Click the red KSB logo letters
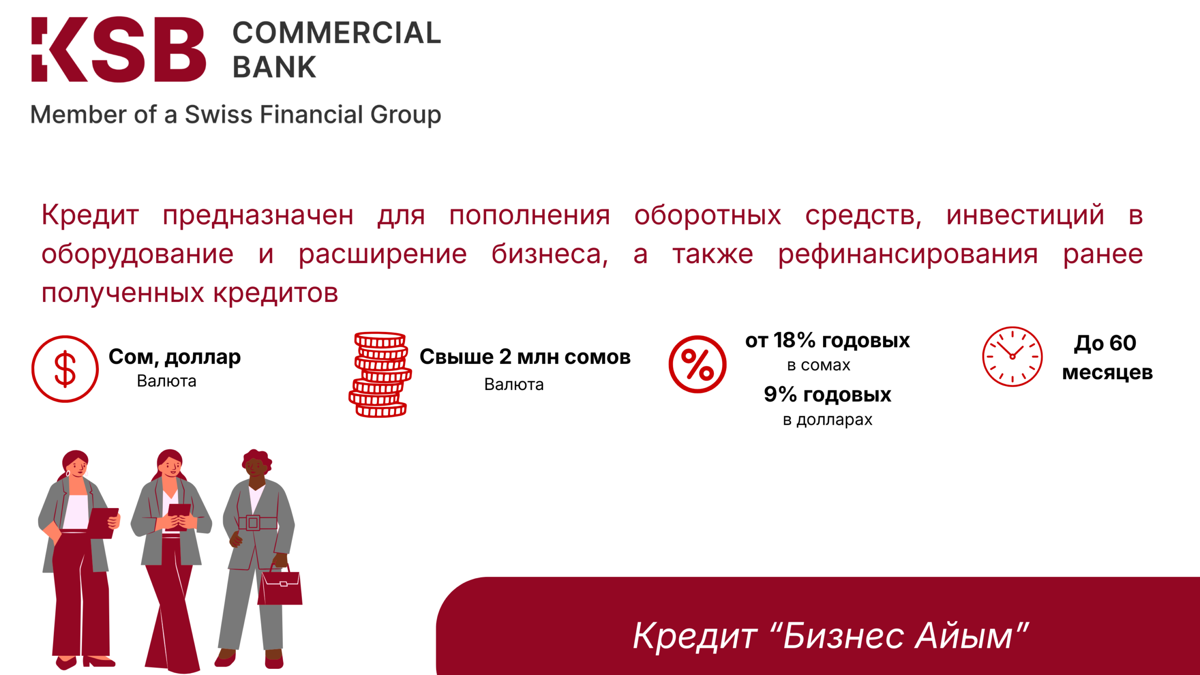click(119, 50)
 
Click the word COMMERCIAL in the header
click(337, 33)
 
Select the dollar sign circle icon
click(65, 369)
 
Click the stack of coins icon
click(380, 375)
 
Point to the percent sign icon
click(697, 364)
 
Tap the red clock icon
click(1012, 357)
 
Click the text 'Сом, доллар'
click(175, 357)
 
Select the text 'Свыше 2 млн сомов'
click(525, 357)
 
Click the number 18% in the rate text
click(795, 340)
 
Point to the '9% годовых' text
click(827, 394)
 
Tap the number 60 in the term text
click(1123, 343)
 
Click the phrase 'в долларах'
click(827, 420)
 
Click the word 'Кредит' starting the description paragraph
click(90, 215)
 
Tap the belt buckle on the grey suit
click(253, 522)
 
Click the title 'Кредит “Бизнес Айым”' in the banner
click(831, 636)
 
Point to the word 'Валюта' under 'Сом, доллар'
click(166, 381)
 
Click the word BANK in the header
click(274, 67)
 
